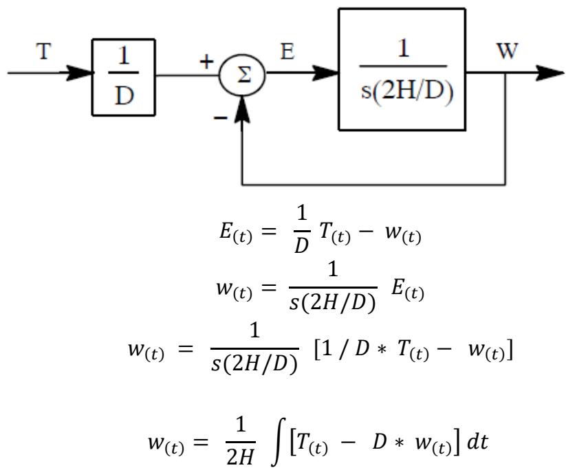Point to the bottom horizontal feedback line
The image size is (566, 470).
[x=374, y=185]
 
